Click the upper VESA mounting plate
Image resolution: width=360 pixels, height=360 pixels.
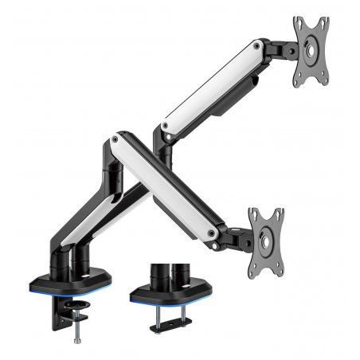tap(311, 52)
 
